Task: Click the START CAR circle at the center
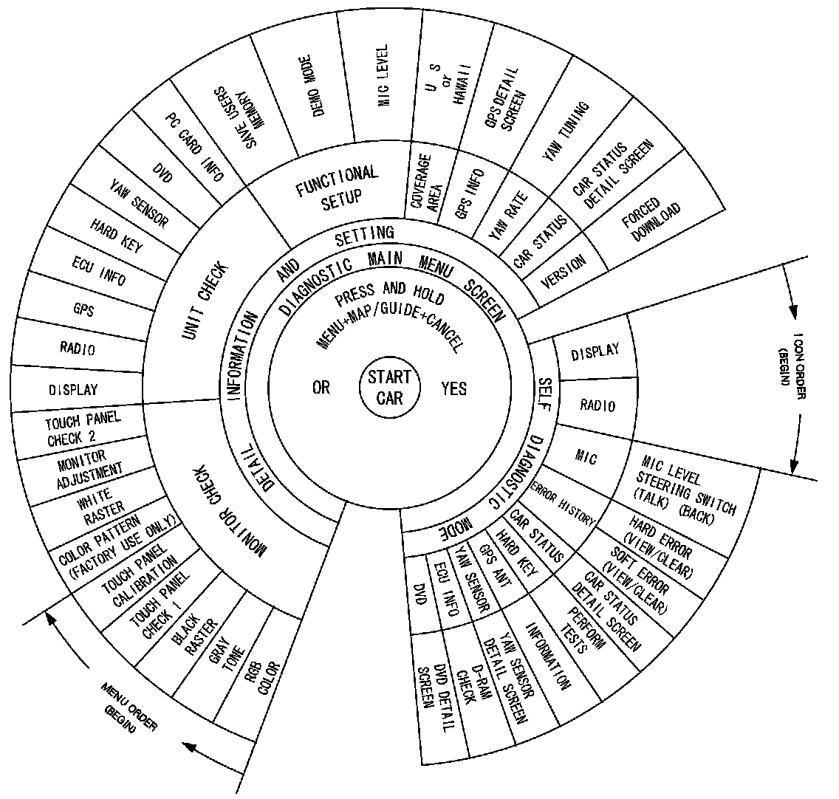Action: [x=390, y=387]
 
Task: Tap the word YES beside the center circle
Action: [x=453, y=388]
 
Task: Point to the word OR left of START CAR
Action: [x=321, y=388]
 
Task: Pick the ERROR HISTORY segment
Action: [x=562, y=501]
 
